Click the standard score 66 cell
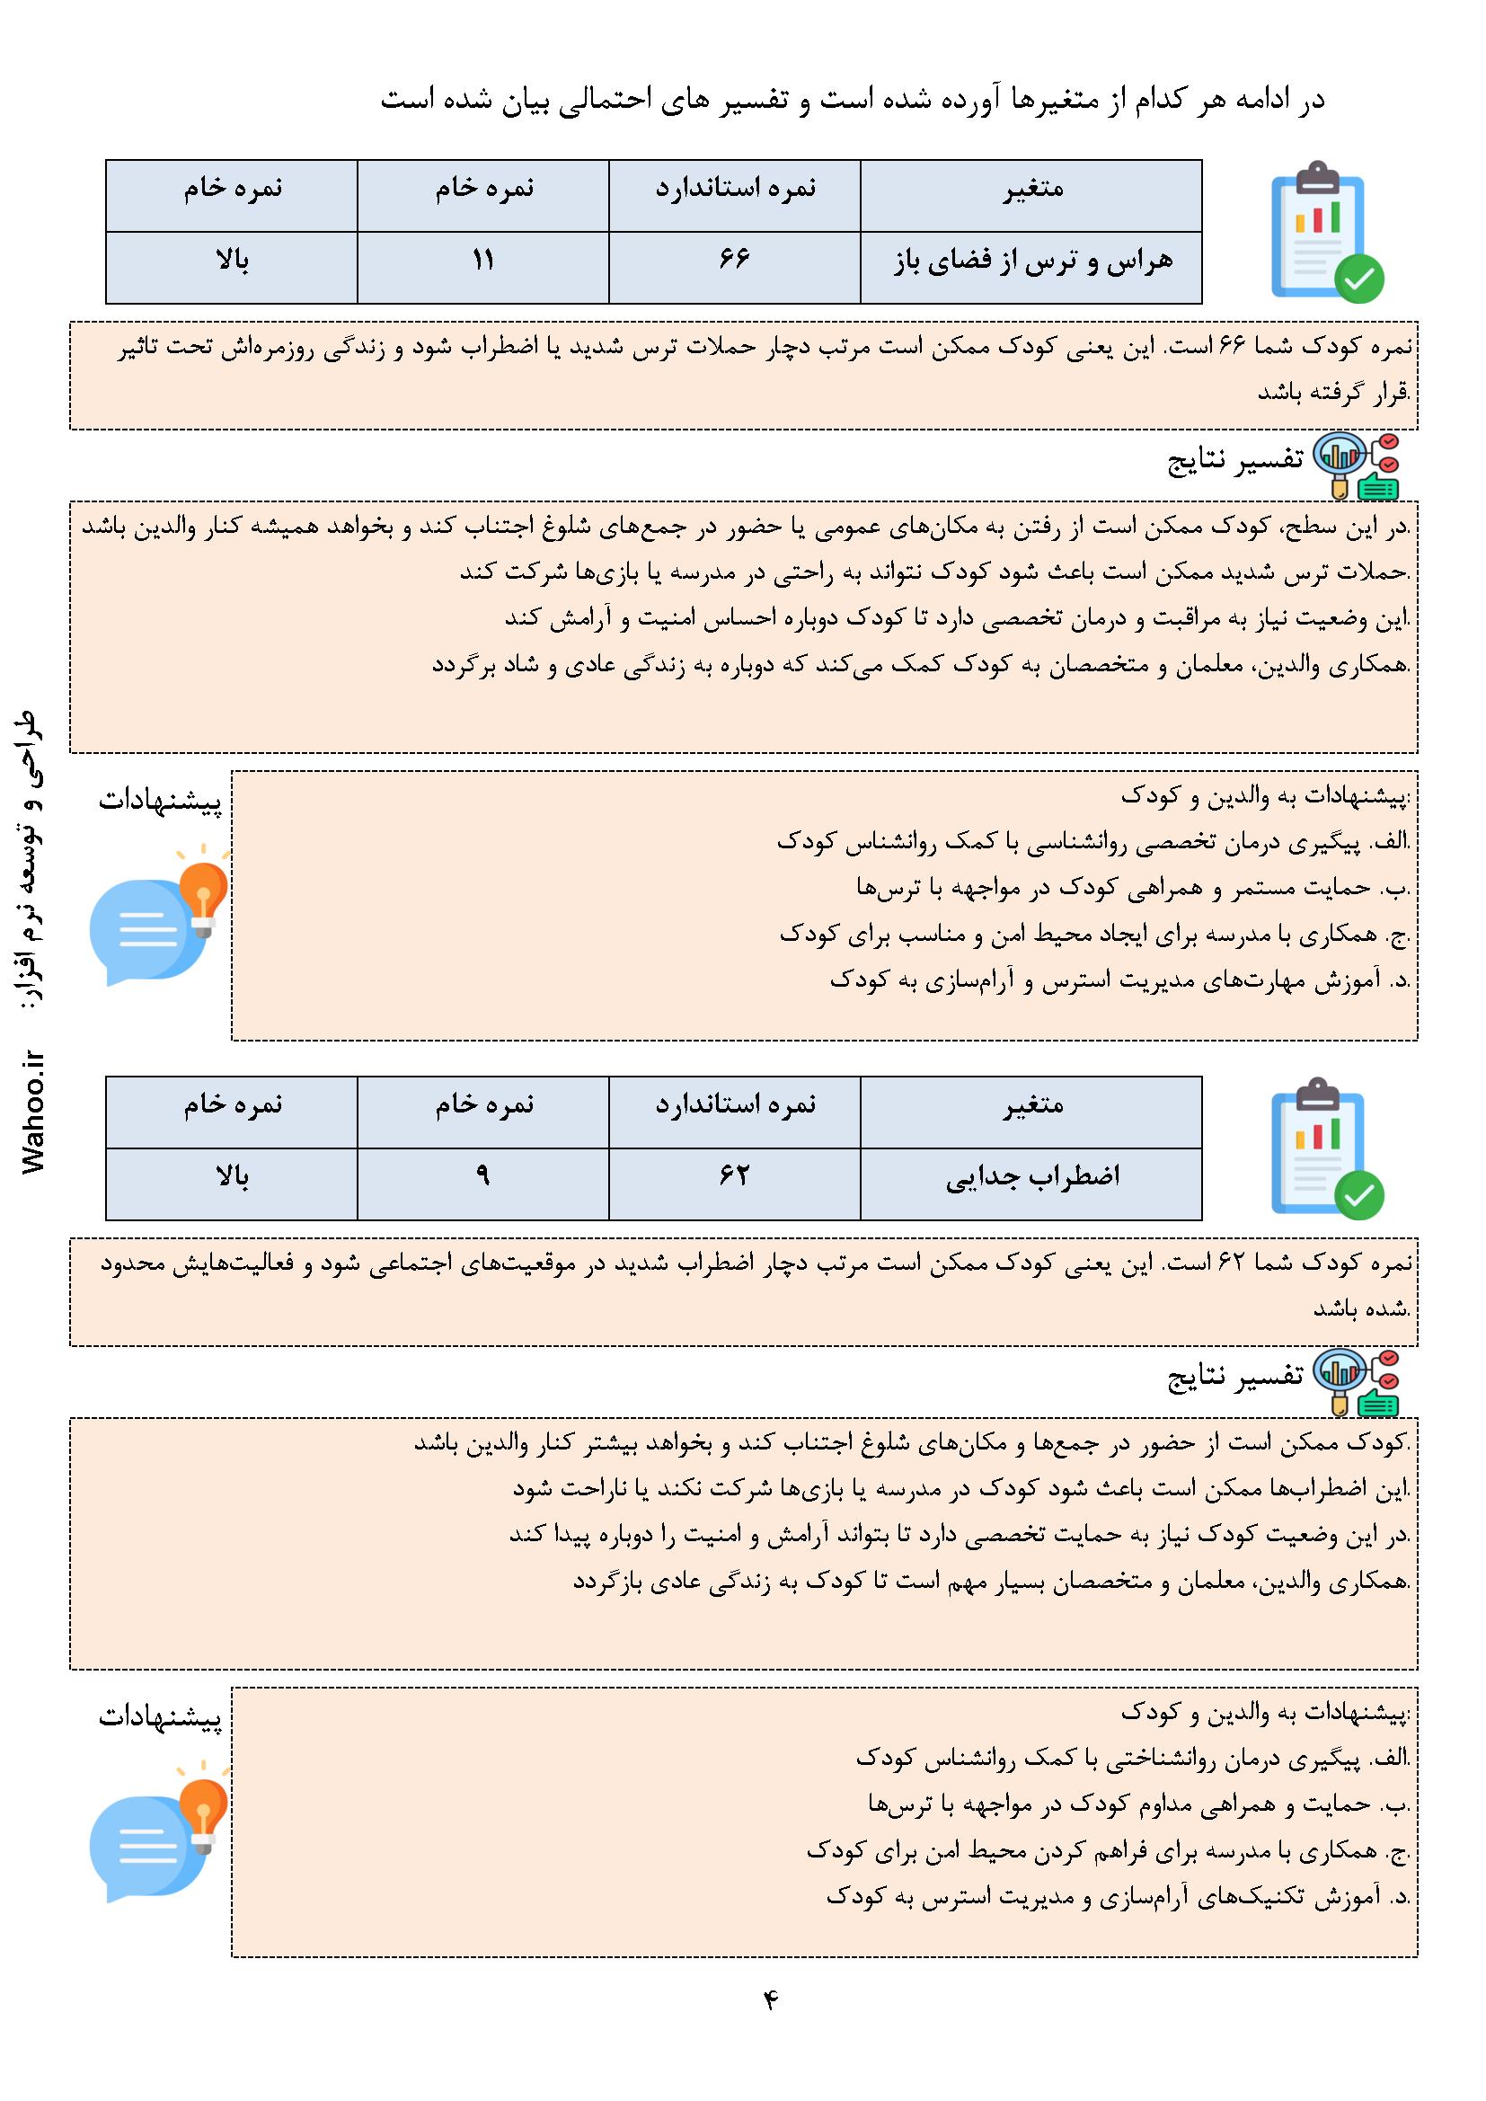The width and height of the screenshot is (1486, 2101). tap(734, 261)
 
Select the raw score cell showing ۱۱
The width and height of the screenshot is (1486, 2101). tap(482, 261)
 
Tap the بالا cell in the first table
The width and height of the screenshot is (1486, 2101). tap(232, 262)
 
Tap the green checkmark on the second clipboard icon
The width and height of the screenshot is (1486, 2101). tap(1358, 1193)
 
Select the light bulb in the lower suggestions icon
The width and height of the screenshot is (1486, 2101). tap(203, 1805)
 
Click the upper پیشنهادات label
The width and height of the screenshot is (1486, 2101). tap(160, 802)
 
